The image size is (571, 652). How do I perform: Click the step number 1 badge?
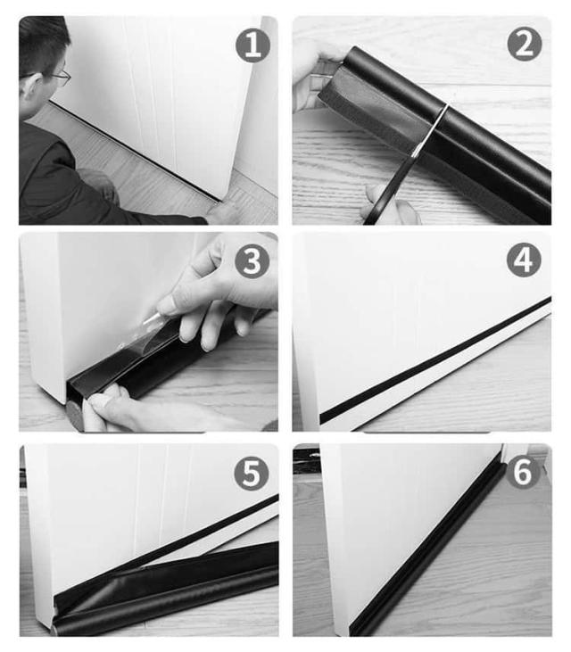tap(252, 45)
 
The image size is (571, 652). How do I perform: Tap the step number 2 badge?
tap(525, 44)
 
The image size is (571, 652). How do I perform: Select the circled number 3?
tap(252, 260)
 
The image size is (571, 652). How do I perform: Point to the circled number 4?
tap(524, 260)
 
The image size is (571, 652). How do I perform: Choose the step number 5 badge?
tap(252, 473)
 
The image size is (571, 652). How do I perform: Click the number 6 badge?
tap(523, 471)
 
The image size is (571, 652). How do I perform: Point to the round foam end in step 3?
tap(75, 416)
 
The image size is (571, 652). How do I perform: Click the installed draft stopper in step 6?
tap(428, 549)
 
